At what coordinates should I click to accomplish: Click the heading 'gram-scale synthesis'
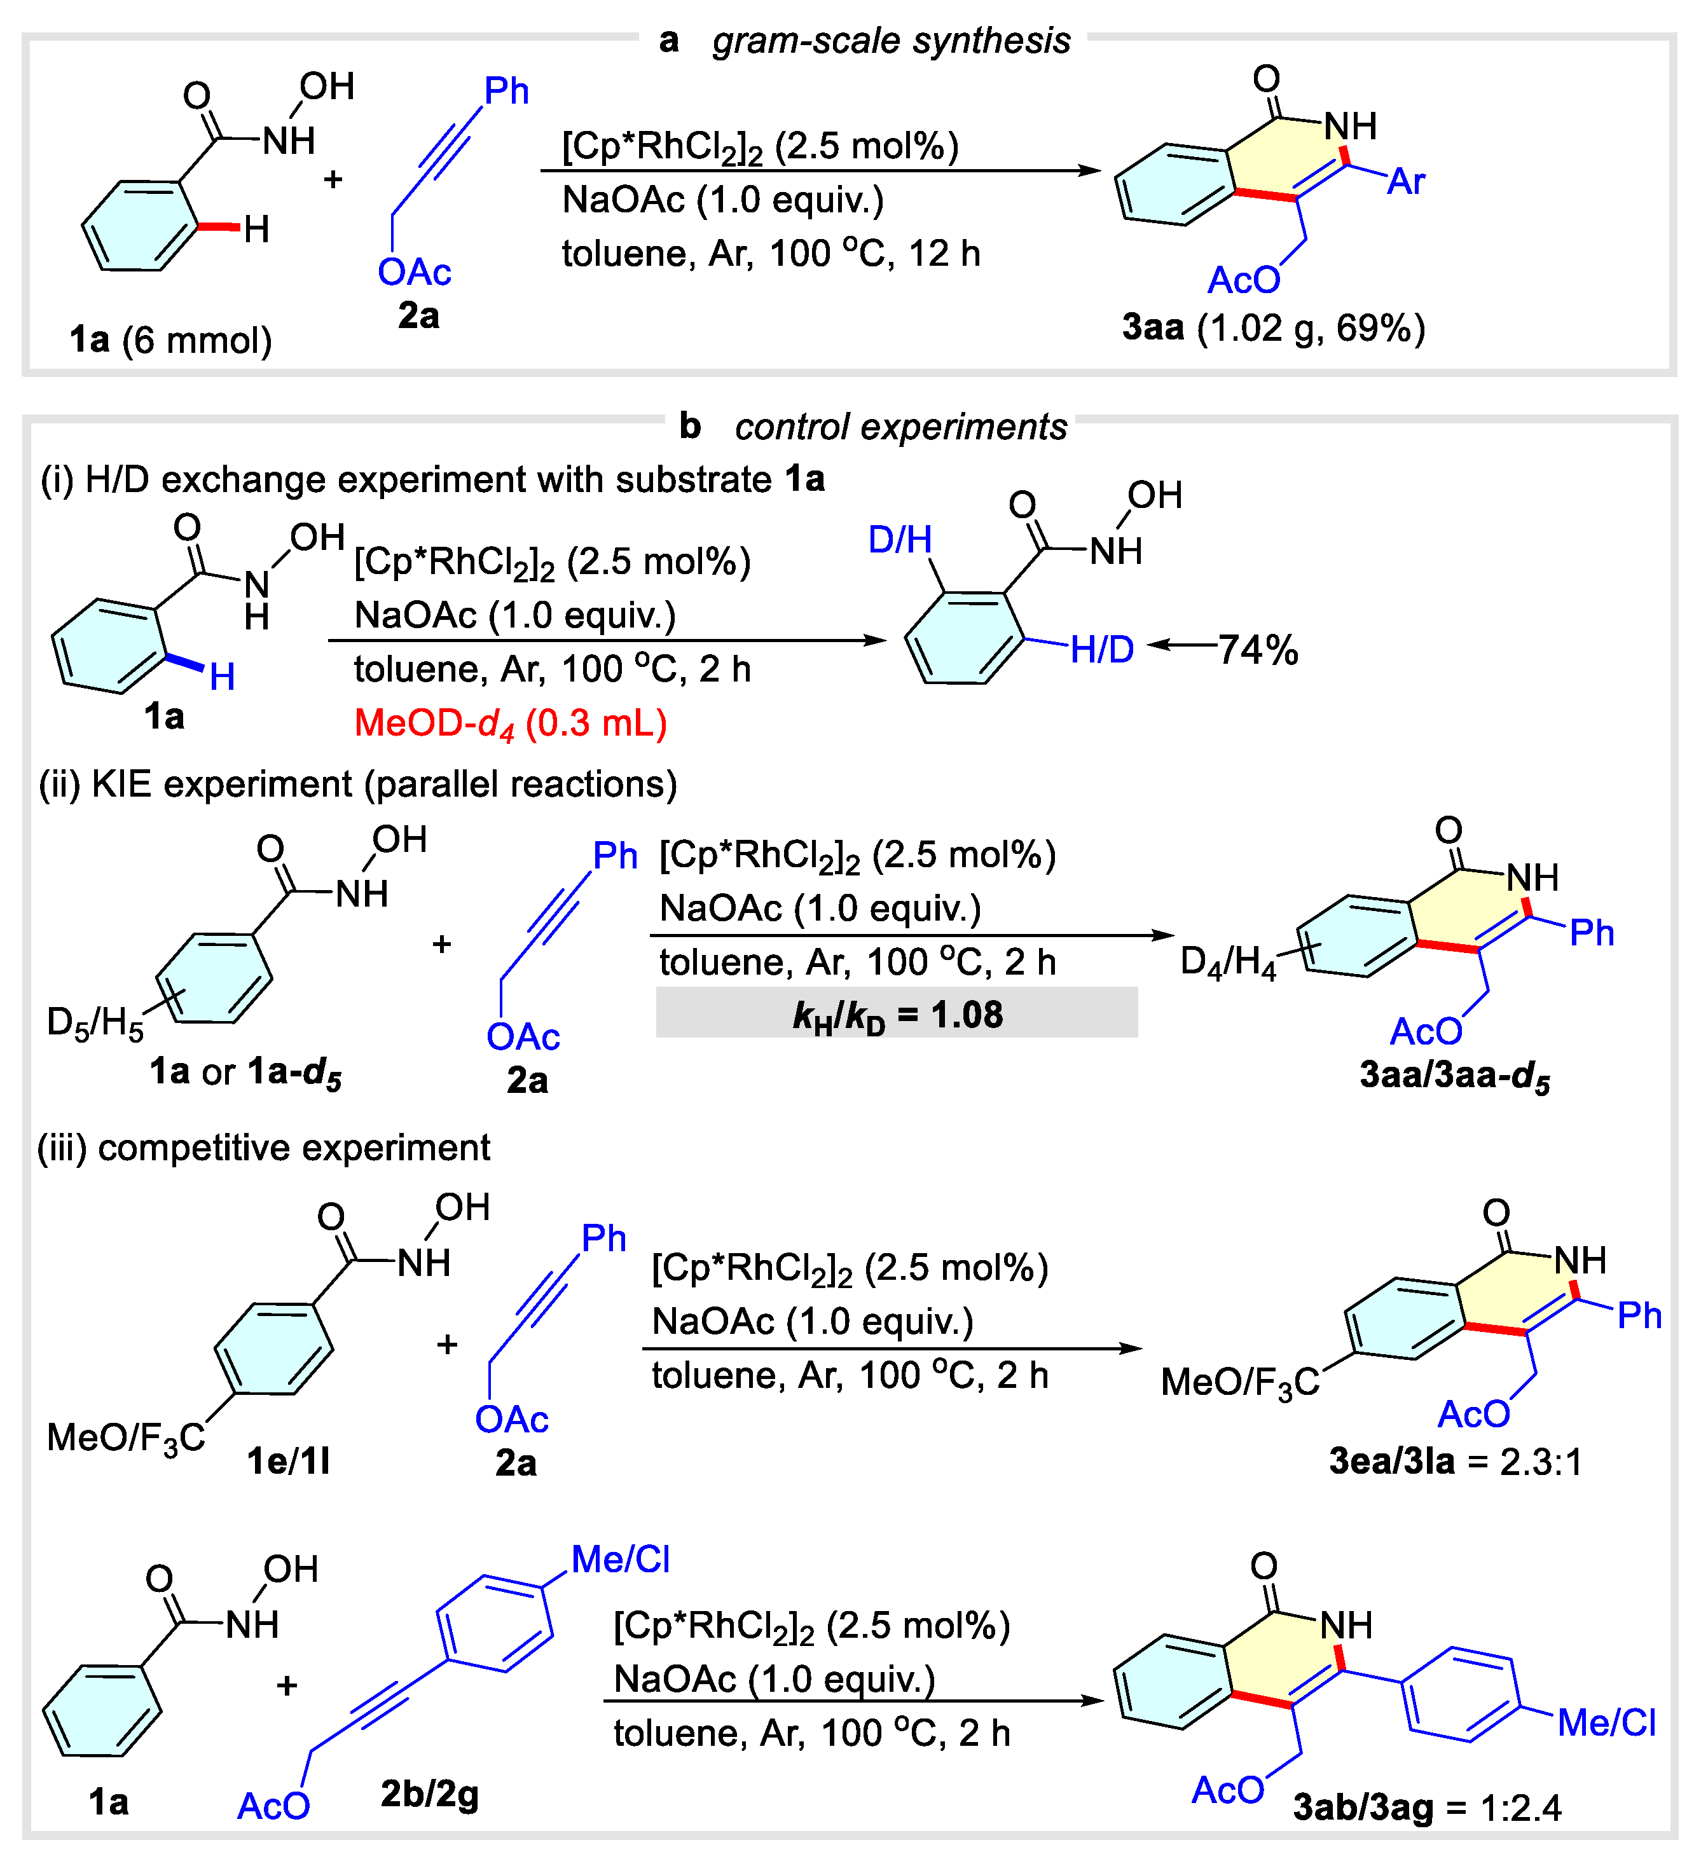890,41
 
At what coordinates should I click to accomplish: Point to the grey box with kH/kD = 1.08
896,1014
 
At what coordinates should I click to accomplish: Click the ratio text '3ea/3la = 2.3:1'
1455,1462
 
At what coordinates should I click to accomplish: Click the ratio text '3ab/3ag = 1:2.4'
1426,1808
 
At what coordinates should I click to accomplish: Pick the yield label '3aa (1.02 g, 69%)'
1273,328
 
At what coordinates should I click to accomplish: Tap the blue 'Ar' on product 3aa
1406,182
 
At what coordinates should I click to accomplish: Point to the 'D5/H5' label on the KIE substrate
95,1024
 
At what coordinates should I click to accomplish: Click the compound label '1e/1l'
288,1462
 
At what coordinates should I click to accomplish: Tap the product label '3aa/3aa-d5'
1455,1076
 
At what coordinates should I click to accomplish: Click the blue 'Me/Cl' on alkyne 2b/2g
620,1560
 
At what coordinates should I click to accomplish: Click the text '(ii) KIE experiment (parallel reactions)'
358,785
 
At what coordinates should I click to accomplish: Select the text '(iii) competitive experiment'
264,1149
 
